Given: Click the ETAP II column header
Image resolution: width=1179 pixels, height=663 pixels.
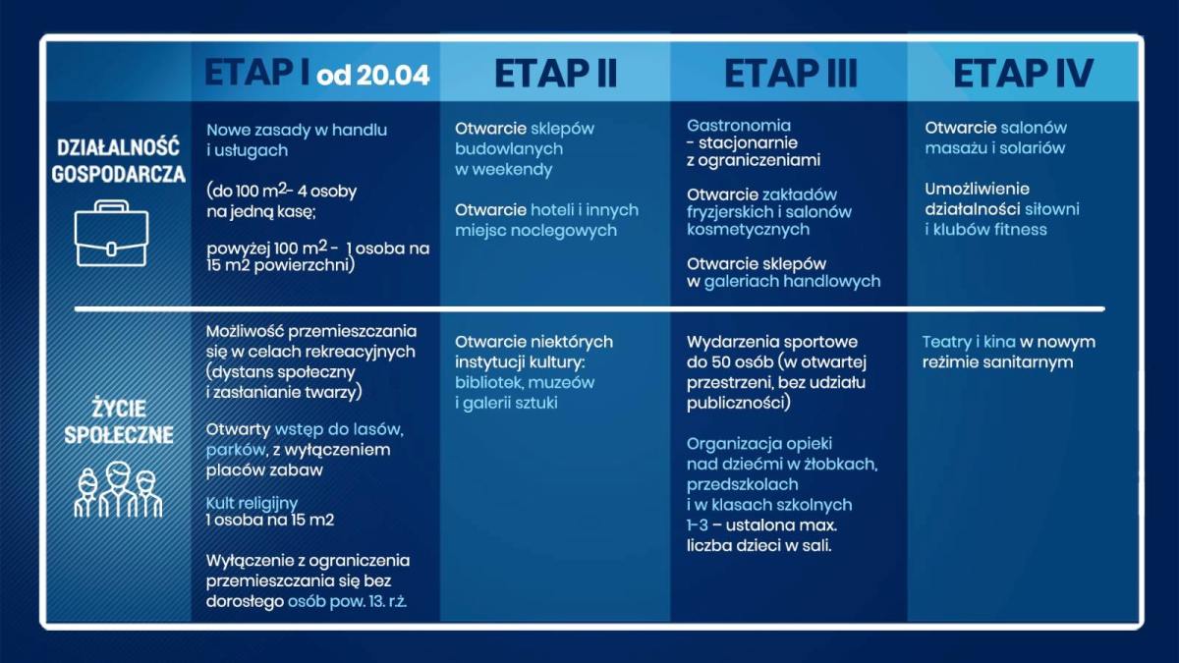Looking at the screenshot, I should [x=555, y=74].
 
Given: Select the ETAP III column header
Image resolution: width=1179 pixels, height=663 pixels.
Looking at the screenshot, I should [x=790, y=74].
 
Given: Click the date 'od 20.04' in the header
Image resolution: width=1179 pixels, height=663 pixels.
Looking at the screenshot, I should [x=373, y=76].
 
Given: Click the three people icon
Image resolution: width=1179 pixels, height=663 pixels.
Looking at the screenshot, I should [x=118, y=492].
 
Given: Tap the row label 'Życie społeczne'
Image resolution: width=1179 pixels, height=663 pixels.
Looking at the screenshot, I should [x=119, y=420].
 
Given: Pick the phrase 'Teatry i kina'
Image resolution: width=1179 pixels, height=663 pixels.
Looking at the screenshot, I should [x=968, y=342].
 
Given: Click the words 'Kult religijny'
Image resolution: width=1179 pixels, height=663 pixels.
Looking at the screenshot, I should [x=252, y=503].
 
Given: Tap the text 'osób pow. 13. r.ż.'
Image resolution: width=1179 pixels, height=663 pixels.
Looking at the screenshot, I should [x=347, y=600].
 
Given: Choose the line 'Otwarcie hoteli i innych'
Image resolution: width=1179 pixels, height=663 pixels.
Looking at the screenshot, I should [x=546, y=209].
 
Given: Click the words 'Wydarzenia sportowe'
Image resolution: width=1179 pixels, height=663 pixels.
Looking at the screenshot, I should [x=772, y=342].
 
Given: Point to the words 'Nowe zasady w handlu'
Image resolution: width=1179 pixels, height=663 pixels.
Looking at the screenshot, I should [x=297, y=130].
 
